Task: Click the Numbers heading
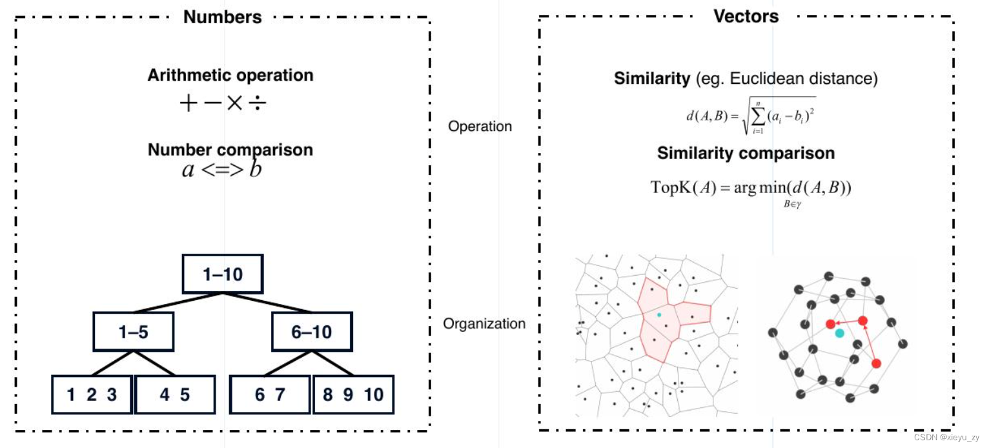coord(222,17)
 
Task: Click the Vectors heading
coord(746,16)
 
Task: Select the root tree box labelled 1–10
coord(223,274)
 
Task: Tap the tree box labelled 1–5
coord(134,332)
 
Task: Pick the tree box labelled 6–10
coord(311,332)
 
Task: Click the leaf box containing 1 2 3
coord(92,394)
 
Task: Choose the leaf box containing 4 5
coord(174,394)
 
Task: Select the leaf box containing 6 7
coord(269,394)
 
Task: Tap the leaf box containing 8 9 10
coord(353,394)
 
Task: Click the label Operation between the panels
coord(480,127)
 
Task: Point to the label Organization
coord(484,323)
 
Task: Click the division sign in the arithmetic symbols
coord(257,104)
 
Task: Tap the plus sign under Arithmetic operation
coord(188,104)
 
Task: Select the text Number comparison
coord(230,150)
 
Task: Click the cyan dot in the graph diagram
coord(839,333)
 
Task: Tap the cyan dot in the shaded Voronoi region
coord(659,314)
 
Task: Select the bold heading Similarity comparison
coord(746,154)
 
